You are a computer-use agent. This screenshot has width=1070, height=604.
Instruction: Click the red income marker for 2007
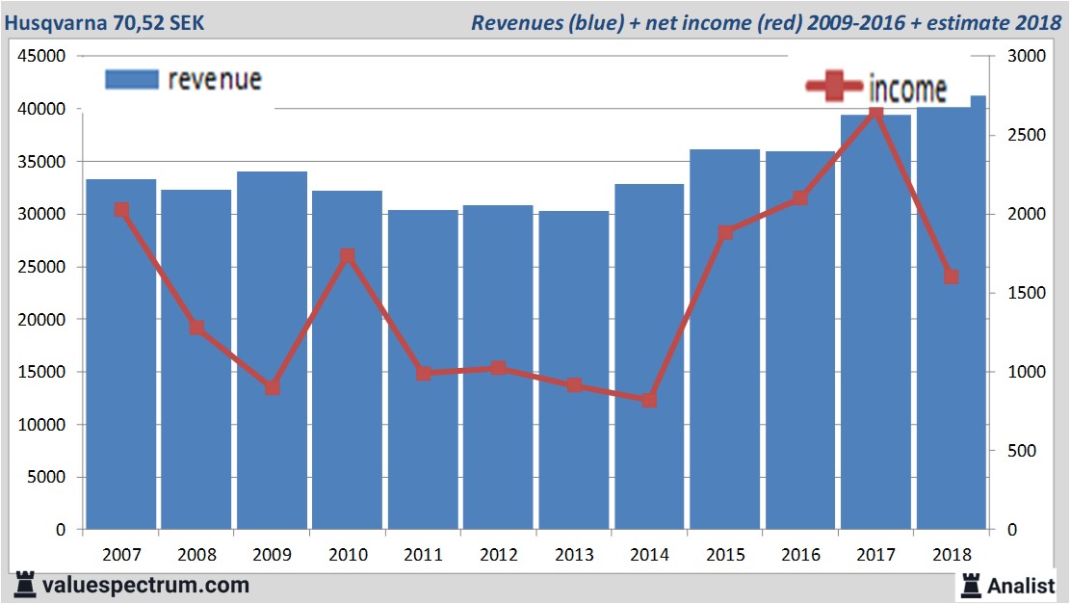[121, 210]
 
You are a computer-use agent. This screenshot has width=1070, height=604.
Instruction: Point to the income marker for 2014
[649, 400]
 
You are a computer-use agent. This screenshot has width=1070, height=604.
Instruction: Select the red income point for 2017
[875, 114]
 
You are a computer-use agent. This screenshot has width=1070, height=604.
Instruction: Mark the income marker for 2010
[348, 256]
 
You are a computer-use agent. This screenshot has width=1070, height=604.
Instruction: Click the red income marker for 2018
[952, 276]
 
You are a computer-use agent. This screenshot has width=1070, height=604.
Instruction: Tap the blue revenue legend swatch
[131, 80]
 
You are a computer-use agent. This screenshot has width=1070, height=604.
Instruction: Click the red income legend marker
[834, 88]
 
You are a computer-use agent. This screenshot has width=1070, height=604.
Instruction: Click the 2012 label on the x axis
[498, 555]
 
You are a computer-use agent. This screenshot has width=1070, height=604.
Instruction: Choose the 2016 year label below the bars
[800, 555]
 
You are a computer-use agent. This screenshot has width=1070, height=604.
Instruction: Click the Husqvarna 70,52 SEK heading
[105, 21]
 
